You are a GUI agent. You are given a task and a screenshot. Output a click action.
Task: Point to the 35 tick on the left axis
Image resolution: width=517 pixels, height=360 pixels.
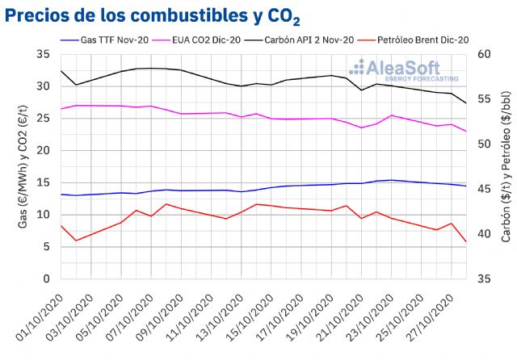[43, 54]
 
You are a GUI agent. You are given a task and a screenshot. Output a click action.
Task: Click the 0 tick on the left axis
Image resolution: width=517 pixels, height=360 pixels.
[46, 279]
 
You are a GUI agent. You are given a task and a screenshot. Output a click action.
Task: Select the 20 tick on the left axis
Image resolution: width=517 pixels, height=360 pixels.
[43, 151]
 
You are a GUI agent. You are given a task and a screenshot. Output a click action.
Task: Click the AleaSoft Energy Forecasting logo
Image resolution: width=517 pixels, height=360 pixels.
[409, 70]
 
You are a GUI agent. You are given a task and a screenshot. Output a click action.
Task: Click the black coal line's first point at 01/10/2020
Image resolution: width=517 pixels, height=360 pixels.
[61, 71]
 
